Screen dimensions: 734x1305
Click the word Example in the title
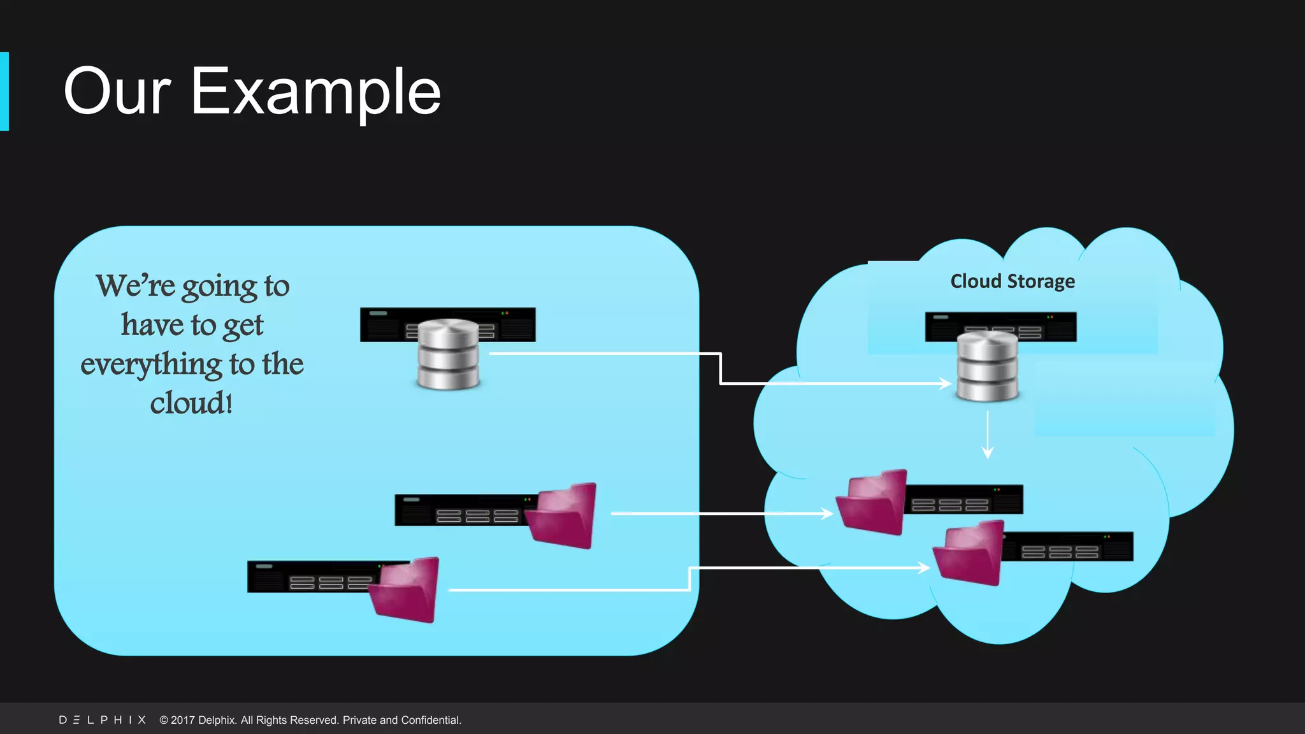(315, 92)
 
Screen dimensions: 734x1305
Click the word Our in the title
(117, 92)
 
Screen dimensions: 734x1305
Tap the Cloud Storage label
(1012, 281)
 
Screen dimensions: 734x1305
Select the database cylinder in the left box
(448, 354)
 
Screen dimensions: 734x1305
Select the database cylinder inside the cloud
(988, 367)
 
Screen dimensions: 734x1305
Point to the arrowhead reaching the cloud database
(946, 383)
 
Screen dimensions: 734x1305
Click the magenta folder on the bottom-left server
(406, 590)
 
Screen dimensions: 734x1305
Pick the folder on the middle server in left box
(563, 515)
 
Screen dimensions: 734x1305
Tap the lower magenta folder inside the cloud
(969, 553)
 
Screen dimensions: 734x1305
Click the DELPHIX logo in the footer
(102, 720)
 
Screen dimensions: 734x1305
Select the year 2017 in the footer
(182, 720)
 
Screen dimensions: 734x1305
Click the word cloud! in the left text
(191, 403)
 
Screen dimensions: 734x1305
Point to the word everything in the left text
(151, 364)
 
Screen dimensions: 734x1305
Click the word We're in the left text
(135, 285)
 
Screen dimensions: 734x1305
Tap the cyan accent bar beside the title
(4, 92)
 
